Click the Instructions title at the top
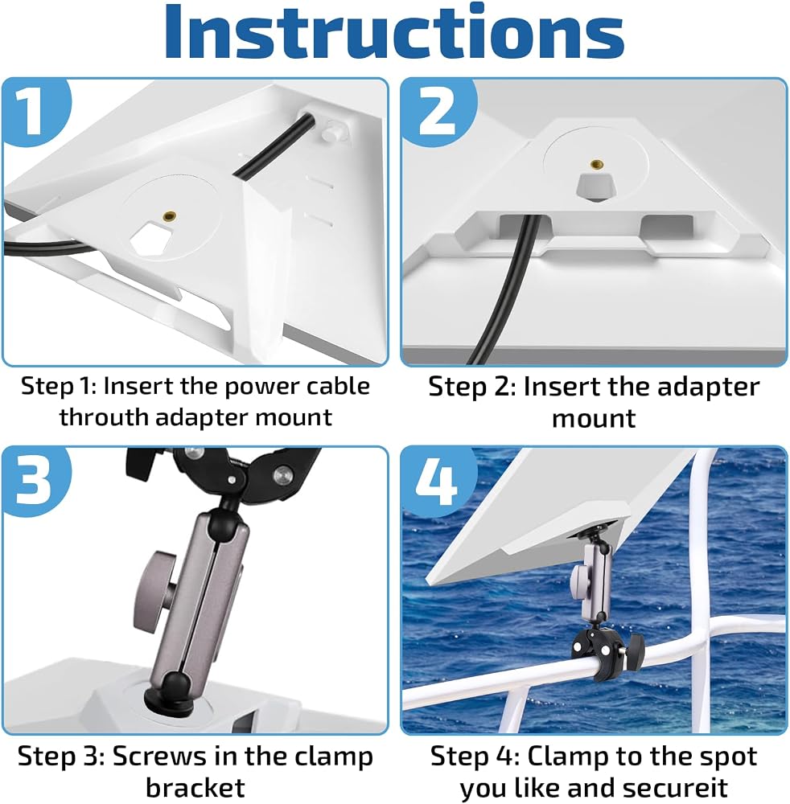tap(394, 33)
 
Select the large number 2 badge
tap(437, 109)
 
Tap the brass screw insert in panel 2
tap(595, 164)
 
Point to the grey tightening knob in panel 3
tap(155, 585)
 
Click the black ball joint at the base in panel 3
tap(170, 693)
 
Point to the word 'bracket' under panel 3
tap(195, 787)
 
